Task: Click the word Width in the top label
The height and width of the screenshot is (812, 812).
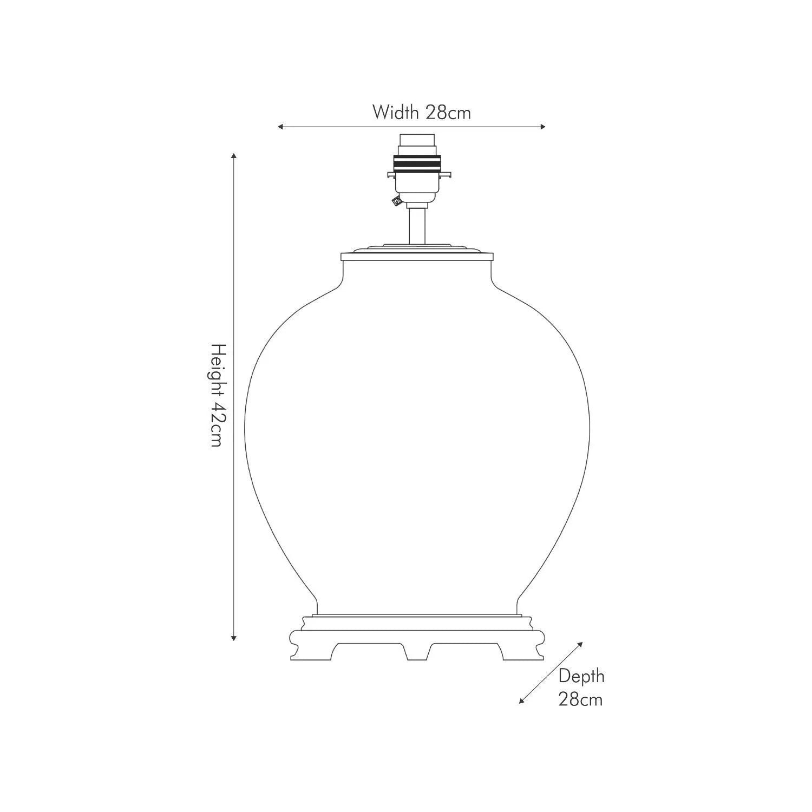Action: coord(395,112)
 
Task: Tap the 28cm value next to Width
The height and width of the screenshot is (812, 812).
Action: coord(448,112)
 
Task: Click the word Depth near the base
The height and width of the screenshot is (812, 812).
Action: coord(581,677)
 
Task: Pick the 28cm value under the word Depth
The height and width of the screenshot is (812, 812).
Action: coord(580,699)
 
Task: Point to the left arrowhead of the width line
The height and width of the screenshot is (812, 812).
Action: coord(281,127)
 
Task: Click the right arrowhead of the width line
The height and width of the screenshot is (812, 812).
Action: coord(542,127)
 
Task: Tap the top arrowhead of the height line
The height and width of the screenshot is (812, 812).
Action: coord(234,156)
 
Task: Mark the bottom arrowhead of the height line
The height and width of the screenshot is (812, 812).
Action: coord(234,638)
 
